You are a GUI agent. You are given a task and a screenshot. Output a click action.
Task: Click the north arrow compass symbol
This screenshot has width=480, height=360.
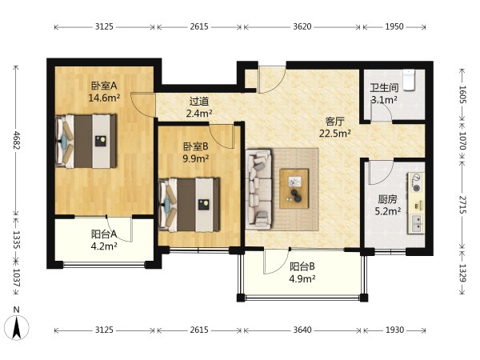pyautogui.click(x=17, y=326)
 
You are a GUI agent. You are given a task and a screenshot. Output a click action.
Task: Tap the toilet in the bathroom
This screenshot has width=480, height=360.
pyautogui.click(x=408, y=80)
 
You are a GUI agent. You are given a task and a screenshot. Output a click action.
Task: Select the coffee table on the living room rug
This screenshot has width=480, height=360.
pyautogui.click(x=294, y=189)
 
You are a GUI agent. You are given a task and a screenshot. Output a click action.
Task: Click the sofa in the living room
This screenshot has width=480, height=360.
pyautogui.click(x=258, y=189)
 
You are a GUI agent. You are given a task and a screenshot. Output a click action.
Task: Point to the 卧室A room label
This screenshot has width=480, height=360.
pyautogui.click(x=104, y=86)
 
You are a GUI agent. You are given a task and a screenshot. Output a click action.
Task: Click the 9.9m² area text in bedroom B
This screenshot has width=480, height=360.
pyautogui.click(x=196, y=158)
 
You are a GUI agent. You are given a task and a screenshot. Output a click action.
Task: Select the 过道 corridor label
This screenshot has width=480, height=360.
pyautogui.click(x=199, y=101)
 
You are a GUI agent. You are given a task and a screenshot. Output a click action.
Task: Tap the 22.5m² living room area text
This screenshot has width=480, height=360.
pyautogui.click(x=335, y=134)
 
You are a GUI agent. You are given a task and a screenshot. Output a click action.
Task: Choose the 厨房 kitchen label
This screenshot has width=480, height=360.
pyautogui.click(x=387, y=199)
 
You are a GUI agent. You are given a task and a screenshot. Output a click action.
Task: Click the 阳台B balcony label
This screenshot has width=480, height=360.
pyautogui.click(x=302, y=266)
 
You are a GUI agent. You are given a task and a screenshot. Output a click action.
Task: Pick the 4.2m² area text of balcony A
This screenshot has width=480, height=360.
pyautogui.click(x=104, y=246)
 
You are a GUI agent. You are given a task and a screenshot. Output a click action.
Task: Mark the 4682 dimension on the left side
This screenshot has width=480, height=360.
pyautogui.click(x=16, y=140)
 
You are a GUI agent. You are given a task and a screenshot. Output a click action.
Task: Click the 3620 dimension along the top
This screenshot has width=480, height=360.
pyautogui.click(x=302, y=26)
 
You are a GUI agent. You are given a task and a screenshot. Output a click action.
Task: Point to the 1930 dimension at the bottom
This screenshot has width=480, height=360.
pyautogui.click(x=394, y=330)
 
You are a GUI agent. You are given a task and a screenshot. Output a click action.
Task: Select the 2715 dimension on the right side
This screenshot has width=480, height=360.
pyautogui.click(x=462, y=205)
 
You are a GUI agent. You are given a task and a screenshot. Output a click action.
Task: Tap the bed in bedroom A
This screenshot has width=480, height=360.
pyautogui.click(x=86, y=141)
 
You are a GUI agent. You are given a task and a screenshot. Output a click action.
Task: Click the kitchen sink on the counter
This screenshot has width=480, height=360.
pyautogui.click(x=416, y=223)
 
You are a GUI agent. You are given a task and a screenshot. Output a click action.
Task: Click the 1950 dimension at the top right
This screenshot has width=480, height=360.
pyautogui.click(x=394, y=26)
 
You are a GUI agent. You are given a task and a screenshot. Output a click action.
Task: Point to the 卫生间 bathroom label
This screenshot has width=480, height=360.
pyautogui.click(x=384, y=88)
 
